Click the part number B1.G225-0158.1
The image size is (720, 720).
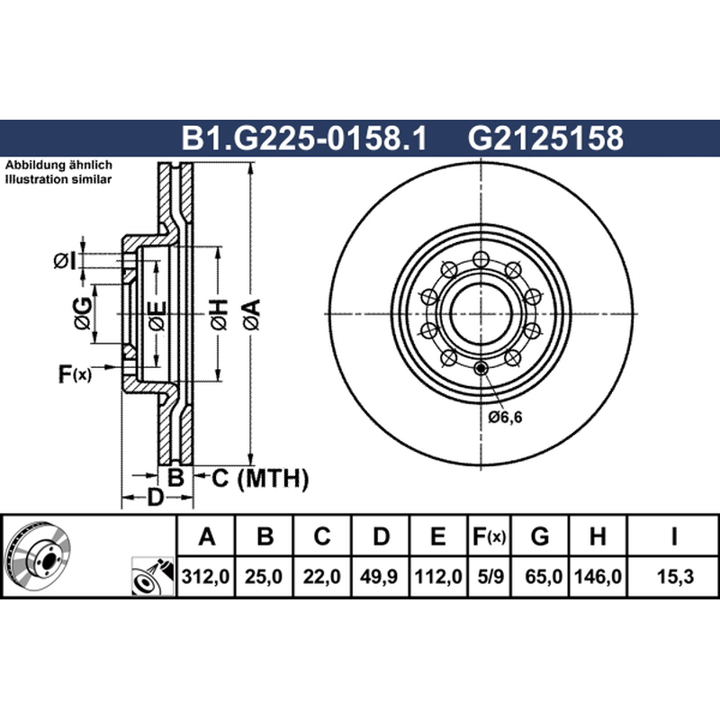tap(304, 138)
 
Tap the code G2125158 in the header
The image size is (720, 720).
tap(545, 138)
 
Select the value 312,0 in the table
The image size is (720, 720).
tap(205, 576)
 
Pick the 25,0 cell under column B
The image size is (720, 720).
tap(264, 576)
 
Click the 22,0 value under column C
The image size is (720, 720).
tap(322, 576)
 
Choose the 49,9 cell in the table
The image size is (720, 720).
tap(379, 576)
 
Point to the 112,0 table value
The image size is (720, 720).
tap(438, 576)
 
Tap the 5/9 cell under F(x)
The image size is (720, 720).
tap(490, 576)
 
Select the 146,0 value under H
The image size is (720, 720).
tap(598, 576)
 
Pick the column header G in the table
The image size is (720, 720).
tap(540, 536)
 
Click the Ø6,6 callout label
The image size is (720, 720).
tap(505, 417)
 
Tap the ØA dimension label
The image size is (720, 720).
tap(252, 314)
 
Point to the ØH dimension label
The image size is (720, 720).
tap(219, 314)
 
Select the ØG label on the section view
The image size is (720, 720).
tap(83, 313)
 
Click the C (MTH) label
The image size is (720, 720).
tap(260, 478)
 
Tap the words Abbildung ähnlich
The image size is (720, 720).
tap(58, 165)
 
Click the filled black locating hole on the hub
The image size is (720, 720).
tap(481, 368)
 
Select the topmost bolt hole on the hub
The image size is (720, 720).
tap(481, 259)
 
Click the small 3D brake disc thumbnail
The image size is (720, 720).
tap(38, 555)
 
